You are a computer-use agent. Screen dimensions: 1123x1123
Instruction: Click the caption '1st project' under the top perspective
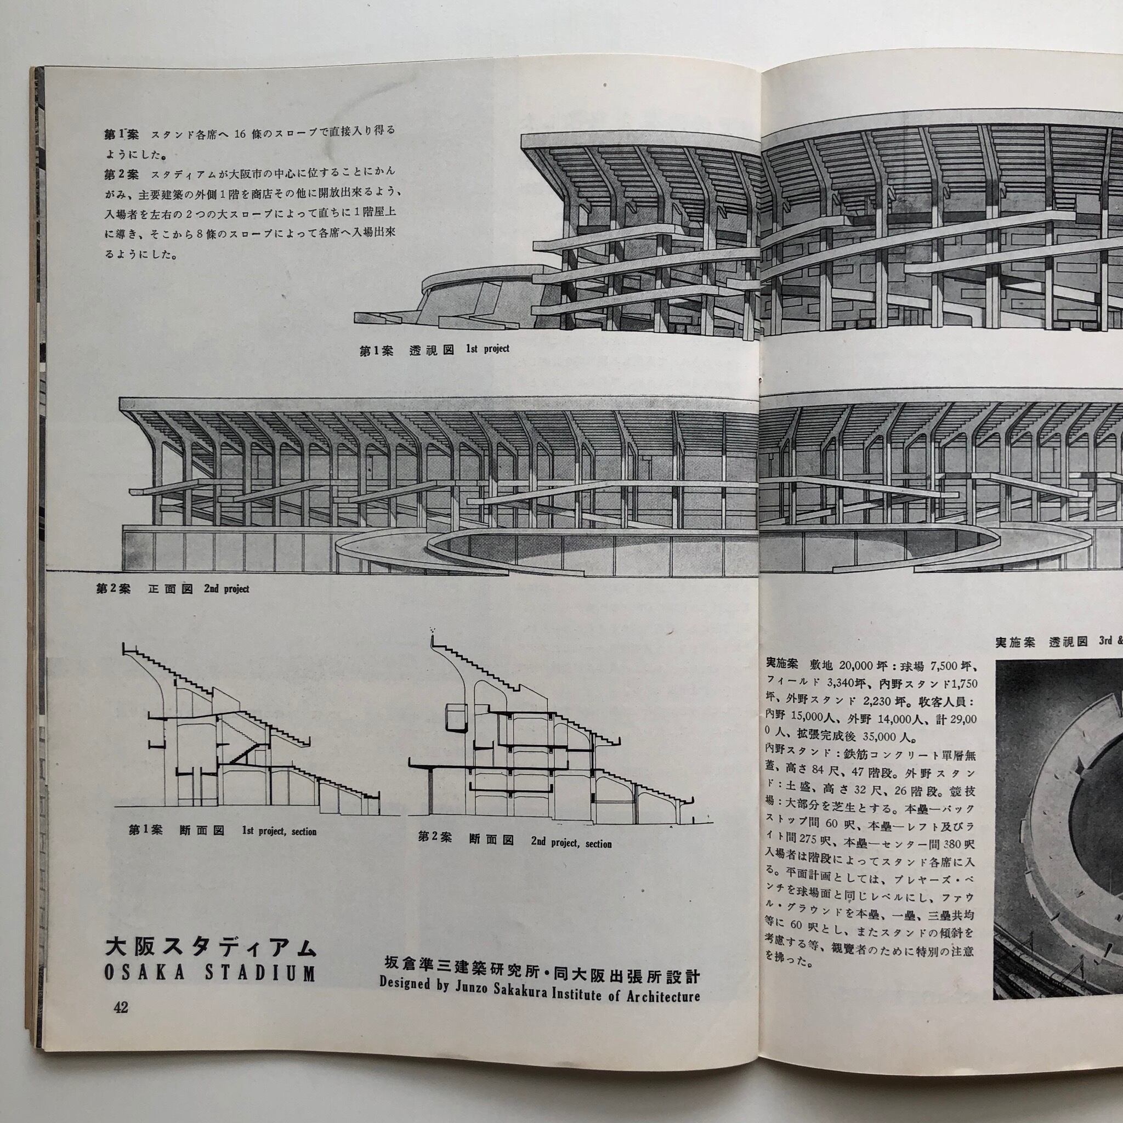[487, 349]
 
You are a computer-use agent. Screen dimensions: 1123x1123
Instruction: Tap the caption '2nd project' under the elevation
[226, 589]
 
